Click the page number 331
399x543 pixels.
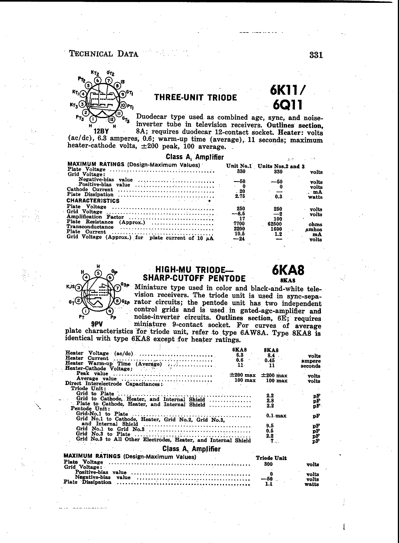316,55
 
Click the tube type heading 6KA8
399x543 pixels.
288,270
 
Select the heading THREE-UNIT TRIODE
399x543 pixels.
196,98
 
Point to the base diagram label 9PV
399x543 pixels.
97,324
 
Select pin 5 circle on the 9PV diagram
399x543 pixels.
98,273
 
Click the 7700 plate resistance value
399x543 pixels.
239,224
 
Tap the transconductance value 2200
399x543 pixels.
239,229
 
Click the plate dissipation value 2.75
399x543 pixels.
239,196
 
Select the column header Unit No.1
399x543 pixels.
239,166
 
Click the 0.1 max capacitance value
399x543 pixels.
276,416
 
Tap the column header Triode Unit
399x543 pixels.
271,458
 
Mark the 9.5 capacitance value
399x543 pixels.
270,426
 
